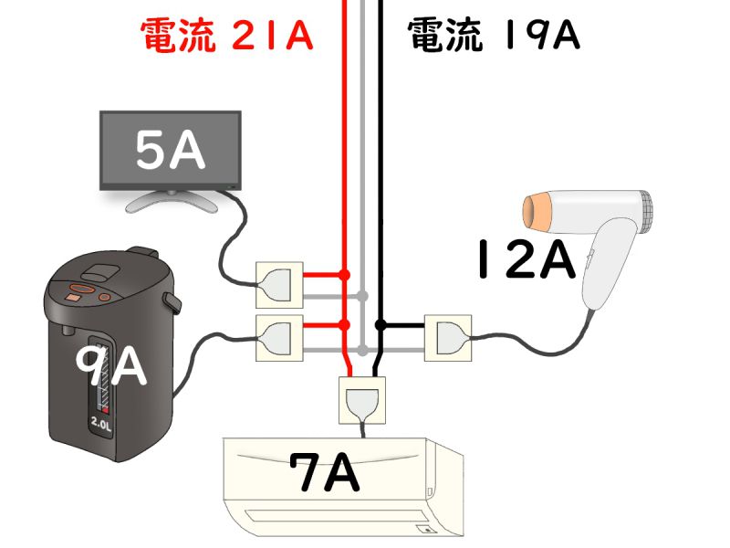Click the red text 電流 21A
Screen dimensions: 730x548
point(226,34)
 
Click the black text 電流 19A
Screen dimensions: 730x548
point(494,34)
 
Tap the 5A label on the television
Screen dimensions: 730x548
point(171,150)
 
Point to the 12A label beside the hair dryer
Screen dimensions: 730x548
point(526,258)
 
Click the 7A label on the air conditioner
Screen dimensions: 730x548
point(325,472)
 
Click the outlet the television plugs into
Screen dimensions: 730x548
point(279,285)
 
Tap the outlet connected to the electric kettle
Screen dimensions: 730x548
point(279,338)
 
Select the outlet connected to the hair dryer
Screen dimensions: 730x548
point(448,338)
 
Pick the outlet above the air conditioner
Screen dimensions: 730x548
point(362,400)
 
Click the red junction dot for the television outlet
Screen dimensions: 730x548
point(345,275)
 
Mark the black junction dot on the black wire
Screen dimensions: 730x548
point(381,325)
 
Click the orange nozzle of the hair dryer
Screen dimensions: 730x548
point(537,212)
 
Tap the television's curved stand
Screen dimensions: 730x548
point(172,201)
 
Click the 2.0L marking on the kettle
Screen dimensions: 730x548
point(101,423)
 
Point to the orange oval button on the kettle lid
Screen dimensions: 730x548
point(82,288)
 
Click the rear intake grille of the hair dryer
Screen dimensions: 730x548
point(645,211)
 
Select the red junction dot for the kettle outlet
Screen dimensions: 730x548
point(345,325)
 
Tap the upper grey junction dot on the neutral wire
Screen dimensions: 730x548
point(363,295)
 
